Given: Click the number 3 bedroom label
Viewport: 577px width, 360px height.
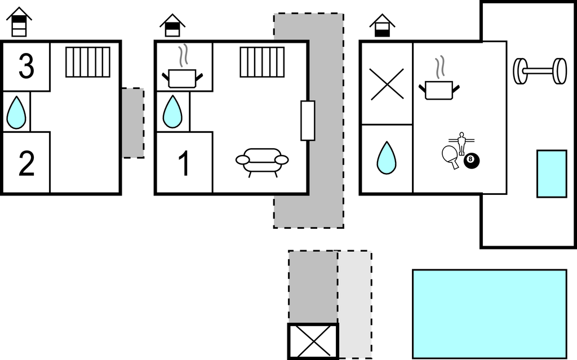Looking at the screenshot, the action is (26, 66).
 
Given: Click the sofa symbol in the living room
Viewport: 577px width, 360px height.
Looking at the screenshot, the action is (262, 162).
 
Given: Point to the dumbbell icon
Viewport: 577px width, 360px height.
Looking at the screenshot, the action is (540, 71).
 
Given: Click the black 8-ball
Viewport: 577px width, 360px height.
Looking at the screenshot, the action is (472, 161).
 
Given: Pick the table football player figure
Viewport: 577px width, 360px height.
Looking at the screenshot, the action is (461, 144).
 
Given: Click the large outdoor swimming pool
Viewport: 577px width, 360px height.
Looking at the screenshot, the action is (490, 314).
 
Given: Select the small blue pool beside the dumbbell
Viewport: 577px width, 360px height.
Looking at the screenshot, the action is (552, 174).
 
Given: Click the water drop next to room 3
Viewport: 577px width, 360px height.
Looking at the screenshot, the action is (16, 112).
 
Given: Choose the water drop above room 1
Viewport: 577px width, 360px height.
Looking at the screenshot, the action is (172, 112).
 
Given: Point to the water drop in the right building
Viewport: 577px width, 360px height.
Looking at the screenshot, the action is (387, 158).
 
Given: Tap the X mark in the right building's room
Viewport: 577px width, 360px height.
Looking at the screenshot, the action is (387, 85).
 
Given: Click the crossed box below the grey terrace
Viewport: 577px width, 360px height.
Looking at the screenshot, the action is (313, 341).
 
